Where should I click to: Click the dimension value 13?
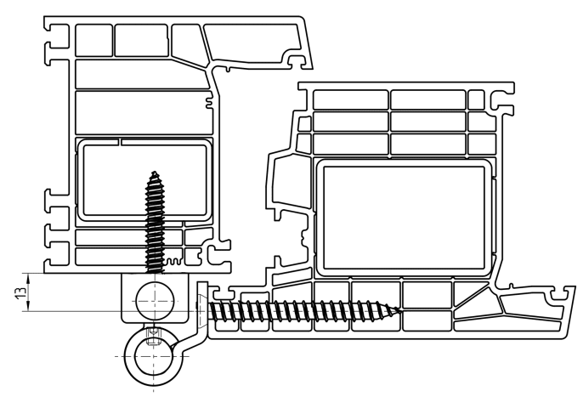[x=23, y=292]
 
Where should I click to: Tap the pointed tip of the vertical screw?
[x=155, y=172]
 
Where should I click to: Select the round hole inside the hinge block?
[x=155, y=301]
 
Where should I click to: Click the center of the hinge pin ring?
[x=154, y=357]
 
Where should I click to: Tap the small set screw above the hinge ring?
[x=152, y=336]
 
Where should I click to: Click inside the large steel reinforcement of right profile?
[x=405, y=218]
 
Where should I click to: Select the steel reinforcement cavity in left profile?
[x=145, y=180]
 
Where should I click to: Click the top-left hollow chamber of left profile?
[x=93, y=41]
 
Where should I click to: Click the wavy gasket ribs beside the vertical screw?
[x=174, y=261]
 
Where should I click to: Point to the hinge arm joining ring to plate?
[x=194, y=339]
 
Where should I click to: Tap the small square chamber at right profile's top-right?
[x=476, y=99]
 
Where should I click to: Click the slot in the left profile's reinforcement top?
[x=120, y=142]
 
